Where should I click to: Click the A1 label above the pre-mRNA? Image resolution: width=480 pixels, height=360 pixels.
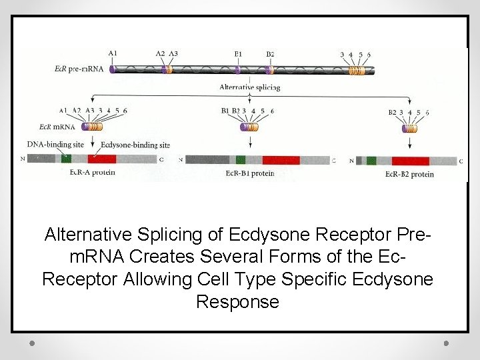tap(113, 53)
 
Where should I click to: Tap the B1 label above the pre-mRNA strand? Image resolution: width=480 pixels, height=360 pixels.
tap(238, 53)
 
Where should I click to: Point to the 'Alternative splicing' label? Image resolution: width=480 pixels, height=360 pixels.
tap(250, 87)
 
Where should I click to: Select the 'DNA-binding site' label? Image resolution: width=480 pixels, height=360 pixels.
tap(56, 144)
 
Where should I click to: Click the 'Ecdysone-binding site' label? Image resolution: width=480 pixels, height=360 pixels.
tap(135, 145)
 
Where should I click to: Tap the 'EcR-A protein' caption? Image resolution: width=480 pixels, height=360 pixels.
tap(92, 172)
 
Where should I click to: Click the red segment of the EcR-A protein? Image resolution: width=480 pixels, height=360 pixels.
tap(101, 159)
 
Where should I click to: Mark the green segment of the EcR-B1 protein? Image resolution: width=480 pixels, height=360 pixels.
tap(240, 160)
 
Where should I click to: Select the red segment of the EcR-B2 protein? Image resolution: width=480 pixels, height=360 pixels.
tap(410, 161)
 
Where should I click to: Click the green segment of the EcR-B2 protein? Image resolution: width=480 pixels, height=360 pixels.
tap(371, 161)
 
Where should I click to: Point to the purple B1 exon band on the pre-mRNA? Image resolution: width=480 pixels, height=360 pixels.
tap(238, 69)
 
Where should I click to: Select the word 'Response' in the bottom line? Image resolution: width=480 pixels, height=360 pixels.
tap(237, 302)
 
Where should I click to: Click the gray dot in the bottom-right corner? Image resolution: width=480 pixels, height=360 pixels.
tap(446, 343)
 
